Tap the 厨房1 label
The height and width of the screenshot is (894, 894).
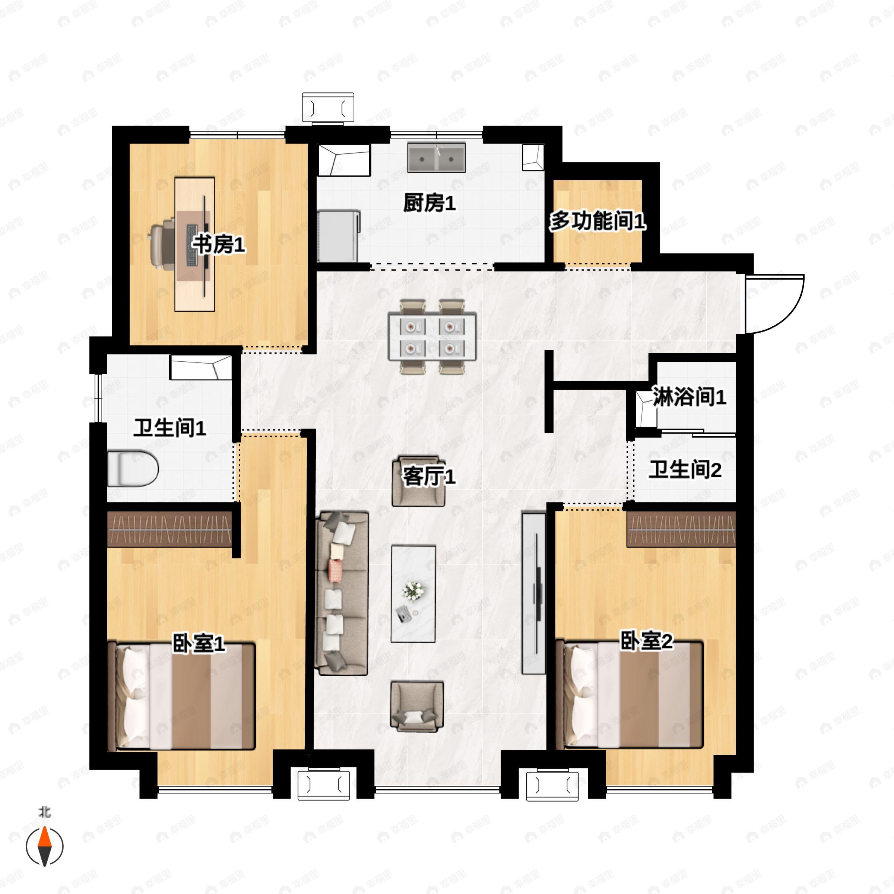(x=429, y=203)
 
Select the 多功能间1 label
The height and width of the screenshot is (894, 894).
(x=597, y=221)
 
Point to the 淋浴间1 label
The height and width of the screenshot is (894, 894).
(x=689, y=397)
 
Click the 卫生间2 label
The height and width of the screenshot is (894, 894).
(x=685, y=470)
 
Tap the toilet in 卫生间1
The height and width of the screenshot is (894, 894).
(x=133, y=469)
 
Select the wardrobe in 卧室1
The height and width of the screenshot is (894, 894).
(x=169, y=529)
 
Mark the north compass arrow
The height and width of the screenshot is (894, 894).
(x=44, y=846)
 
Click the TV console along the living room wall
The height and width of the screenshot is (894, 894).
(x=533, y=592)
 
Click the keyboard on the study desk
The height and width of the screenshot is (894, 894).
(x=191, y=245)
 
